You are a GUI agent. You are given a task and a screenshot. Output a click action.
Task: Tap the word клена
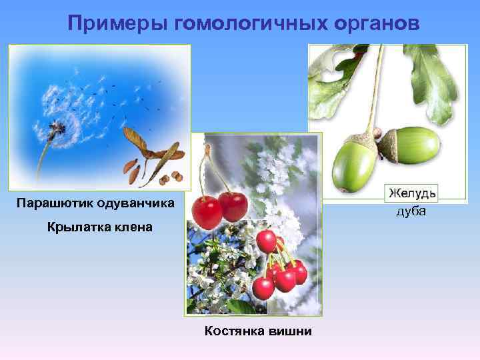135,227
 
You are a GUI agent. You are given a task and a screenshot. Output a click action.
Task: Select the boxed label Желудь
412,193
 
